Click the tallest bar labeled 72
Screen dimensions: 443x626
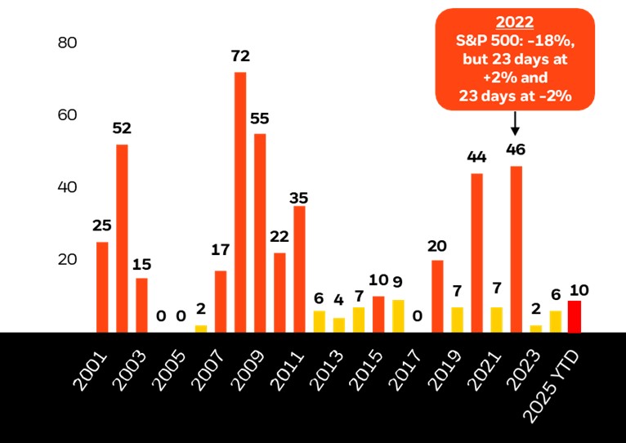[240, 202]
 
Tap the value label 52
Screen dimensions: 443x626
[123, 128]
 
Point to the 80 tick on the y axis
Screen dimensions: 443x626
[67, 43]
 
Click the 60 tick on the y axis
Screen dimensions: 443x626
[67, 114]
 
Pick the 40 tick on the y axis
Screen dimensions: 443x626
[67, 187]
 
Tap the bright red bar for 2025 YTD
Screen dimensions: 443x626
[575, 316]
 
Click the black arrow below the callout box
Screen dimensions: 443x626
[516, 123]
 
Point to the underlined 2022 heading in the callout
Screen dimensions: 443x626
[515, 23]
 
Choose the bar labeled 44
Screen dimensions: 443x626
[476, 253]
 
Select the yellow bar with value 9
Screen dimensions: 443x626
[398, 315]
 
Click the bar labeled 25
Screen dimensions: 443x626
[102, 287]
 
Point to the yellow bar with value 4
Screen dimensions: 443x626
[339, 324]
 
